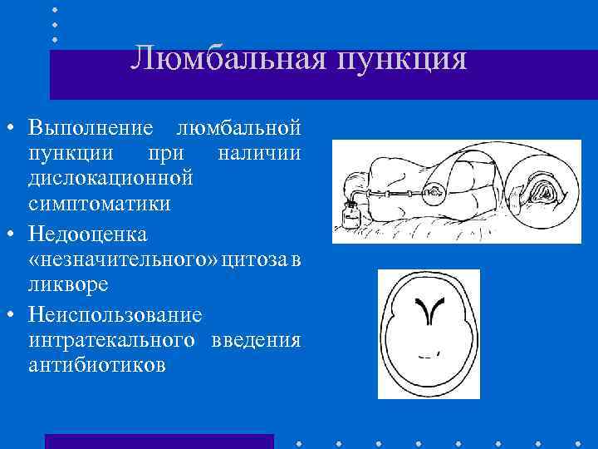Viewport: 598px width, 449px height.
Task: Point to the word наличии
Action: (x=258, y=154)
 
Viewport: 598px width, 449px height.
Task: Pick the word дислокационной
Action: (x=110, y=179)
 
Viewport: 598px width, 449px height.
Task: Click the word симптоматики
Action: (x=99, y=204)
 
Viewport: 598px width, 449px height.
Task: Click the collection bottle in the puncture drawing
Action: (x=350, y=217)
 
